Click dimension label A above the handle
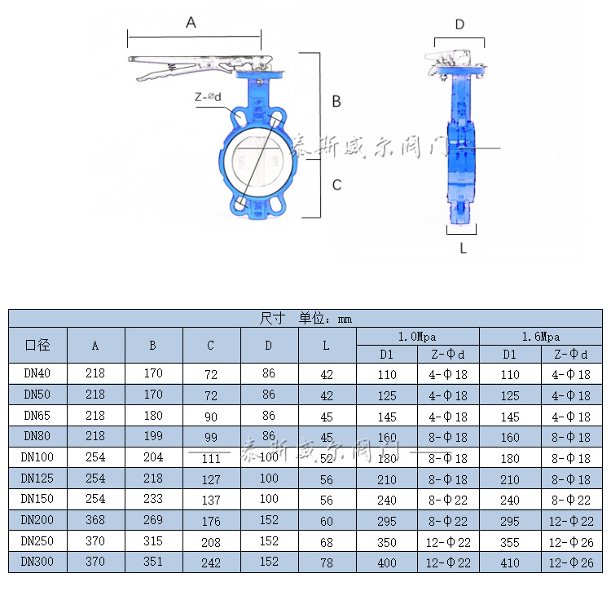pyautogui.click(x=191, y=23)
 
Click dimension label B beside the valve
pyautogui.click(x=336, y=102)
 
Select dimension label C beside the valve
pyautogui.click(x=336, y=185)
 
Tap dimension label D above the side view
pyautogui.click(x=459, y=24)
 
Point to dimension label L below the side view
pyautogui.click(x=463, y=248)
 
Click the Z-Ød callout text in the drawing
pyautogui.click(x=208, y=97)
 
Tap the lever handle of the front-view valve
pyautogui.click(x=196, y=64)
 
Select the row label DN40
pyautogui.click(x=37, y=373)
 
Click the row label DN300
pyautogui.click(x=37, y=562)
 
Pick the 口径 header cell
pyautogui.click(x=37, y=345)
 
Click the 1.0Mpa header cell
pyautogui.click(x=417, y=336)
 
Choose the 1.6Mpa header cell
pyautogui.click(x=541, y=336)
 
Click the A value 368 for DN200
pyautogui.click(x=95, y=520)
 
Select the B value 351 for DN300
pyautogui.click(x=152, y=562)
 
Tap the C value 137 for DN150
pyautogui.click(x=211, y=500)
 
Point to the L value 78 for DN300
pyautogui.click(x=327, y=562)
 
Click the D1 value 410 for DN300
pyautogui.click(x=510, y=562)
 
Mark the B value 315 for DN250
pyautogui.click(x=152, y=541)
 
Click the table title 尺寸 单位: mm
pyautogui.click(x=305, y=318)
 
